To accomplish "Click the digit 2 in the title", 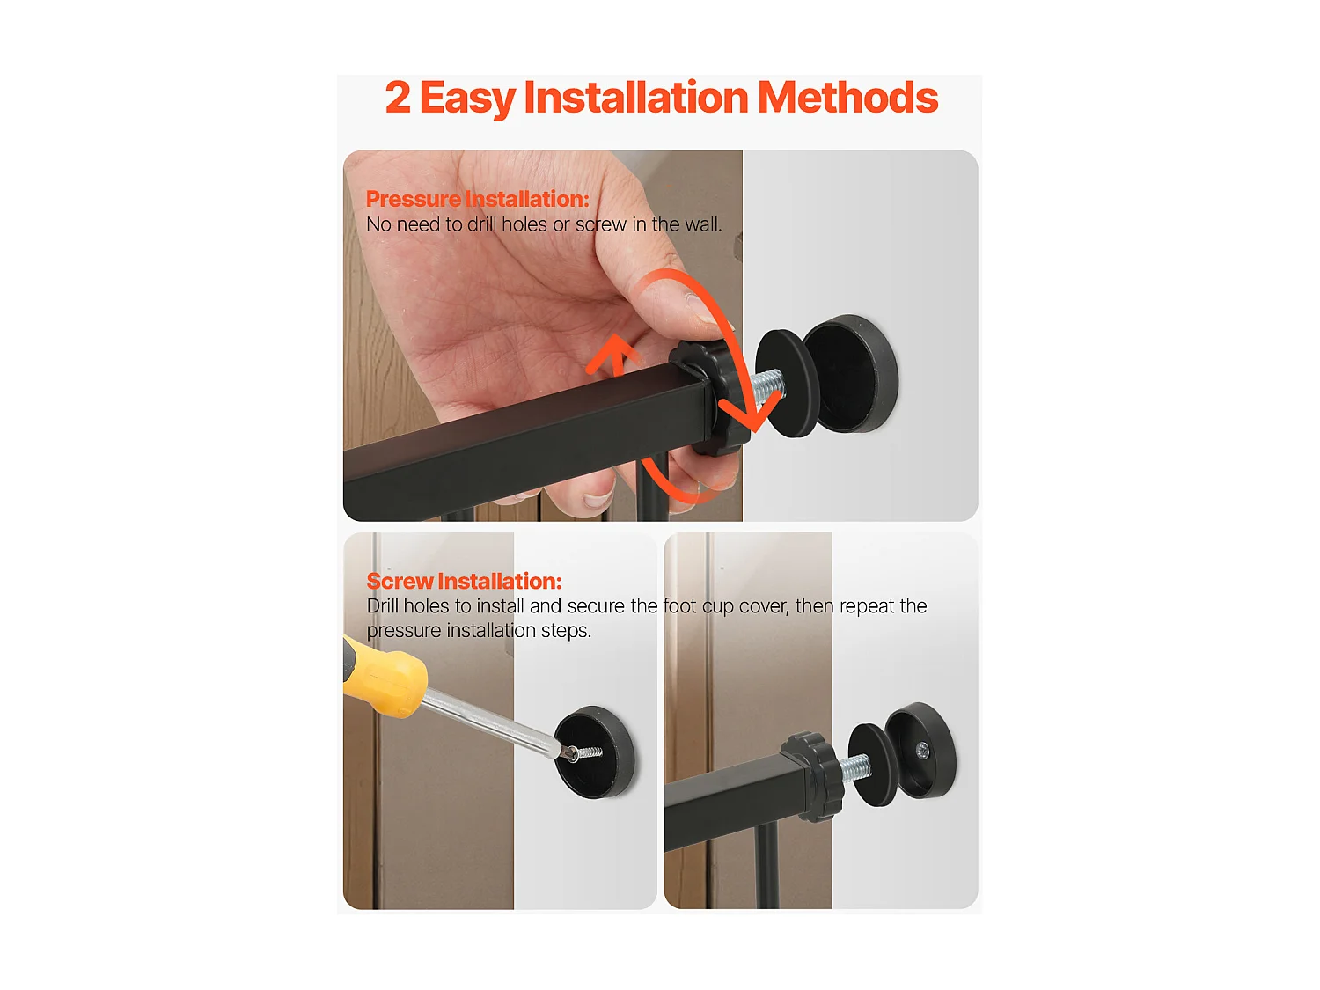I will pyautogui.click(x=398, y=98).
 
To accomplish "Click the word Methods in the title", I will pyautogui.click(x=847, y=98).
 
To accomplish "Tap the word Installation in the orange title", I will pyautogui.click(x=636, y=98).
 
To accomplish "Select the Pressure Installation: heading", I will pyautogui.click(x=477, y=199).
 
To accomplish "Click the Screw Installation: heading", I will pyautogui.click(x=464, y=582).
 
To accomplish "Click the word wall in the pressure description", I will pyautogui.click(x=701, y=225).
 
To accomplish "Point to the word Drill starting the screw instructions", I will pyautogui.click(x=383, y=606).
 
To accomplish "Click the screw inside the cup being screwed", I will pyautogui.click(x=585, y=752).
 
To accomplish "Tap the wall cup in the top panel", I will pyautogui.click(x=852, y=373).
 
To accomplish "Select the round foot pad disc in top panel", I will pyautogui.click(x=786, y=384).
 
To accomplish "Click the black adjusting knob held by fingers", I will pyautogui.click(x=709, y=398).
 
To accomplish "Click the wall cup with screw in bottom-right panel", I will pyautogui.click(x=920, y=751).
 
